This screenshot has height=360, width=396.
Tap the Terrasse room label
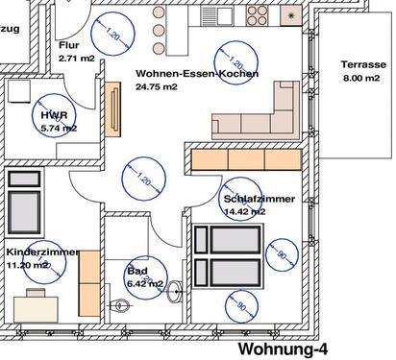(x=363, y=65)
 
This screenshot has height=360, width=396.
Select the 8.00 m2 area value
(x=363, y=79)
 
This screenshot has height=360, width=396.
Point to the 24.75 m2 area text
(x=156, y=87)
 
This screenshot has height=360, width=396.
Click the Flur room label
(x=67, y=45)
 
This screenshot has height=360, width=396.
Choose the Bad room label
(x=136, y=272)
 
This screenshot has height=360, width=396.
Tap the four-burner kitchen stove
(x=258, y=15)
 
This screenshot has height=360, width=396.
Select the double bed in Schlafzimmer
(x=228, y=255)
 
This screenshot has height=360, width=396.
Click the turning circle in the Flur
(x=111, y=36)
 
